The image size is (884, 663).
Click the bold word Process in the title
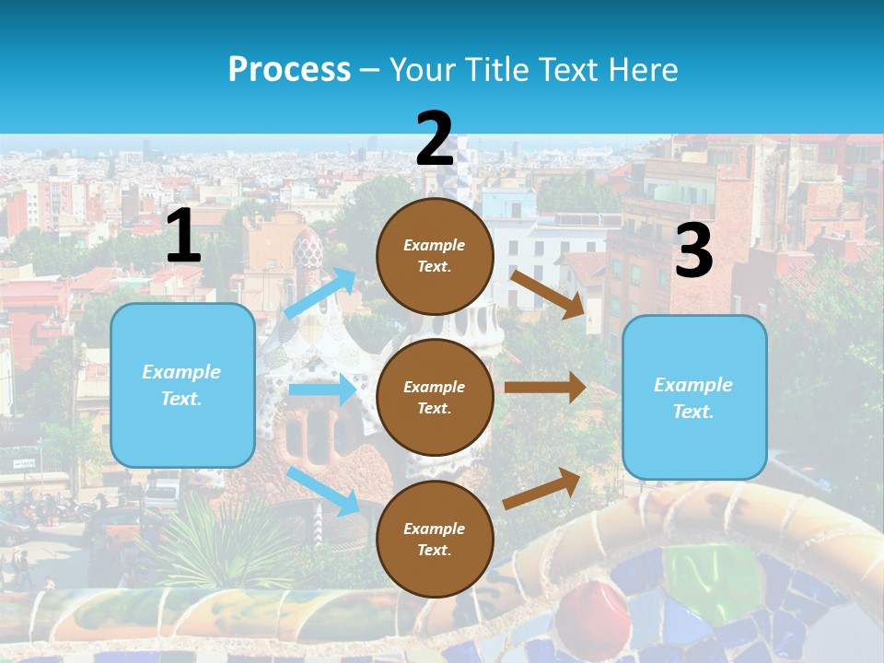[x=289, y=69]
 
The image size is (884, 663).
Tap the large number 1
[x=183, y=236]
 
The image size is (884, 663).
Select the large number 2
[x=435, y=139]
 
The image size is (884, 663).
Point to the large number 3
[x=693, y=251]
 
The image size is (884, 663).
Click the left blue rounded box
[x=182, y=385]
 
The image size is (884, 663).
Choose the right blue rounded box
[x=694, y=397]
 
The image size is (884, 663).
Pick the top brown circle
[x=435, y=256]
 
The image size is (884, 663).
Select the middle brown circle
[x=435, y=397]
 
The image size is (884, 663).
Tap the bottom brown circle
[x=435, y=539]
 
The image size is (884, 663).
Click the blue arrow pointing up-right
[x=320, y=294]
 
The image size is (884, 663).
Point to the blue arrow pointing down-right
[x=323, y=491]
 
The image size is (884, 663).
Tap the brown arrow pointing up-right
[x=542, y=488]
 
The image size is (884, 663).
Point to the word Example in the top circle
[x=435, y=246]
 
